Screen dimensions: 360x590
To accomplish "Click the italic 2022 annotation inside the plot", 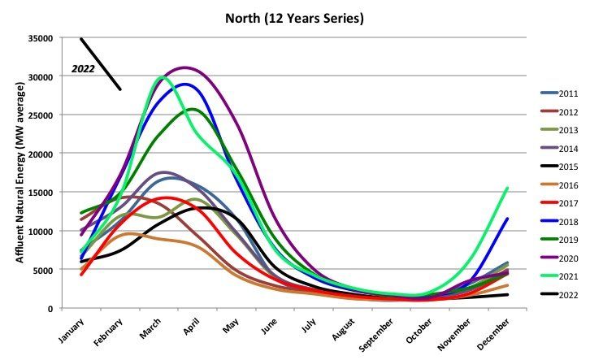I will [83, 69].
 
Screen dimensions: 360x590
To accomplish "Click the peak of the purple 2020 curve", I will [184, 67].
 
